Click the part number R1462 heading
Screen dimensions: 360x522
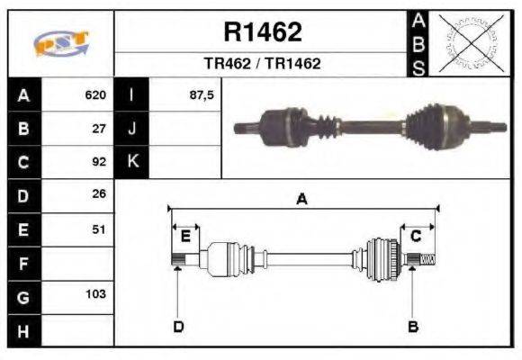click(262, 32)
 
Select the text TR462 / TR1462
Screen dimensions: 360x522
click(262, 64)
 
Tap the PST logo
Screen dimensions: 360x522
click(60, 43)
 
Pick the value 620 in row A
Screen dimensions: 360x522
click(95, 94)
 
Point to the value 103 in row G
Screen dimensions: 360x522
click(96, 294)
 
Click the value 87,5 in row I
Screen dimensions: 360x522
click(202, 94)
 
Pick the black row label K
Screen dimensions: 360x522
click(131, 162)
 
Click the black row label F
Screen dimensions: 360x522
click(23, 263)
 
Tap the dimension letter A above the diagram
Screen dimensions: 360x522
click(301, 200)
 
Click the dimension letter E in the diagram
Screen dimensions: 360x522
click(185, 237)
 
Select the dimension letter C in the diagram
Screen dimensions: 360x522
click(416, 236)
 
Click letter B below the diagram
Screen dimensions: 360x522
click(413, 326)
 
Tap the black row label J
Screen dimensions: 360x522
click(131, 128)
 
